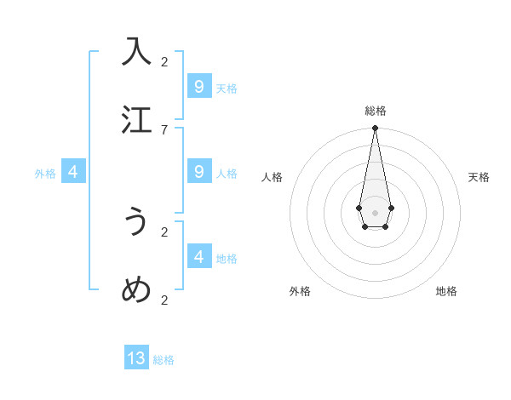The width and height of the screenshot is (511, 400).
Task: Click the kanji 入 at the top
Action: click(136, 51)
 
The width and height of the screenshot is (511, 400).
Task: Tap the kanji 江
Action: click(136, 119)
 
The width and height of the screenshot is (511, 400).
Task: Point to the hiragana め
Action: click(136, 290)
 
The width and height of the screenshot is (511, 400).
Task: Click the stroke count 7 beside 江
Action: click(164, 129)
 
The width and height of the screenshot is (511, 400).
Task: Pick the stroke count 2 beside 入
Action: click(164, 61)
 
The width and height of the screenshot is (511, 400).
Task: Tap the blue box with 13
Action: click(136, 358)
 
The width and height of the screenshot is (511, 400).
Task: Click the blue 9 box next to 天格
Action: click(198, 87)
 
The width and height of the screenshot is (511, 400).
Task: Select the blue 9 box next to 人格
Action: click(198, 172)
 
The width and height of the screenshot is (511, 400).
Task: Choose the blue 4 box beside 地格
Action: click(198, 256)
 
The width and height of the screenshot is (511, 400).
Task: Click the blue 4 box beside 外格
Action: click(73, 172)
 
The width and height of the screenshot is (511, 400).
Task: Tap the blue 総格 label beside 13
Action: click(164, 360)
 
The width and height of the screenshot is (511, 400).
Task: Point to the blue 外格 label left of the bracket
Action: click(45, 174)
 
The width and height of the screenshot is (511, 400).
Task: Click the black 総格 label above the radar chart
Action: click(375, 111)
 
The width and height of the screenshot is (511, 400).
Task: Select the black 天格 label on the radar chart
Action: click(479, 177)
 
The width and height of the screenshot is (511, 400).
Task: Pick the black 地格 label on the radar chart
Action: click(446, 291)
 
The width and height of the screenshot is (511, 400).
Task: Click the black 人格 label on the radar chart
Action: click(272, 177)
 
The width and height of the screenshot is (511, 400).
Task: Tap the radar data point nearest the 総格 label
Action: click(375, 128)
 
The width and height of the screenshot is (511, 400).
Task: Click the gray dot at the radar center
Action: click(375, 212)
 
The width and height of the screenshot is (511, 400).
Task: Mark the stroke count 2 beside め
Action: click(164, 300)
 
